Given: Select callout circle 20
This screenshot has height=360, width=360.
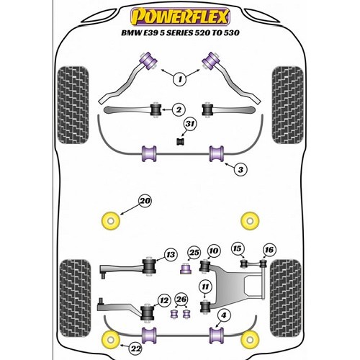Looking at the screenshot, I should (145, 201).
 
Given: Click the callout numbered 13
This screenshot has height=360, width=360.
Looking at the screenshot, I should (171, 254).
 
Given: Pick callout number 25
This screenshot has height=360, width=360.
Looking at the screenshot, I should (214, 251).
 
